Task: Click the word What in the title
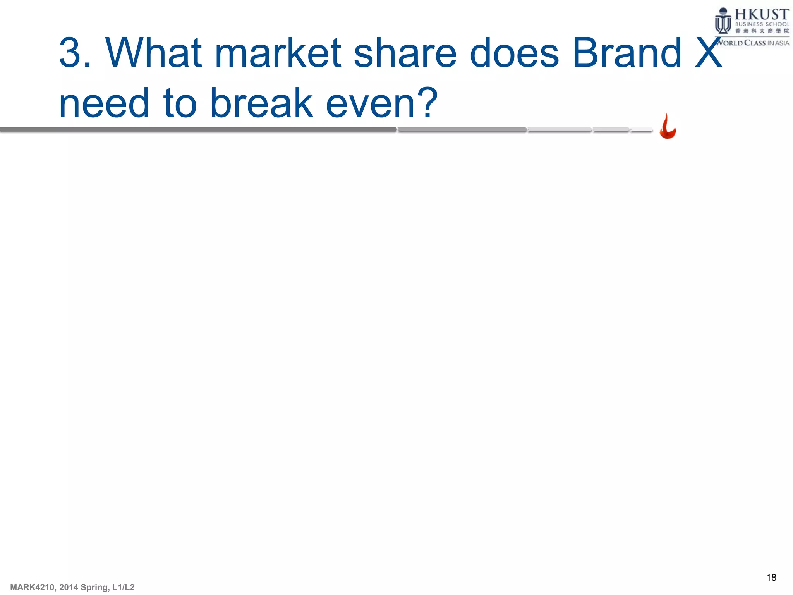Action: coord(154,53)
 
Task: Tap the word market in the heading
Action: coord(277,53)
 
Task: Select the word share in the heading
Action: coord(405,53)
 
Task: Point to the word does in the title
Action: coord(514,53)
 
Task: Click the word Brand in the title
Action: coord(627,53)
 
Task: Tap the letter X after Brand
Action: coord(708,53)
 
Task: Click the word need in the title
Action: coord(104,103)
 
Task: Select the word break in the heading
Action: coord(261,103)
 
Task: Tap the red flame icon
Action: coord(668,127)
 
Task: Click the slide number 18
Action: coord(771,578)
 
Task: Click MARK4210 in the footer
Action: coord(32,587)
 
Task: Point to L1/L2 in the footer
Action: coord(123,587)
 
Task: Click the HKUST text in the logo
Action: coord(762,14)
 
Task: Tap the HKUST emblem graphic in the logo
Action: coord(723,22)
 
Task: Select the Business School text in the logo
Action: coord(762,24)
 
